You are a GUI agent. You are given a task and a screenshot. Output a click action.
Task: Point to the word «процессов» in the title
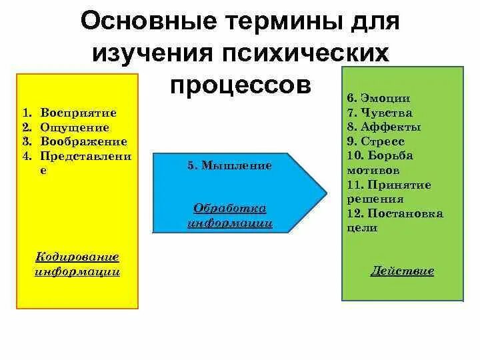pyautogui.click(x=240, y=85)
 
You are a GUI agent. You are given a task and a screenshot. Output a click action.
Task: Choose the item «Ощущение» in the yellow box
pyautogui.click(x=74, y=127)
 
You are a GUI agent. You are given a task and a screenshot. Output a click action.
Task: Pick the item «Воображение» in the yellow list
pyautogui.click(x=83, y=141)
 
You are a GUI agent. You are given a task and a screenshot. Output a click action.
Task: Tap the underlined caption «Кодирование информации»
pyautogui.click(x=77, y=264)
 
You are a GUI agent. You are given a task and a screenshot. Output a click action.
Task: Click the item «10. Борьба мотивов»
pyautogui.click(x=380, y=163)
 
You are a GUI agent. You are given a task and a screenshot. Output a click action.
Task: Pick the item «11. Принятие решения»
pyautogui.click(x=384, y=191)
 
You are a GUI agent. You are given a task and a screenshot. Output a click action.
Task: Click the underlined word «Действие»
pyautogui.click(x=402, y=271)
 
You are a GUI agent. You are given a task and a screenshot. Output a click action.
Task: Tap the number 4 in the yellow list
pyautogui.click(x=25, y=156)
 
